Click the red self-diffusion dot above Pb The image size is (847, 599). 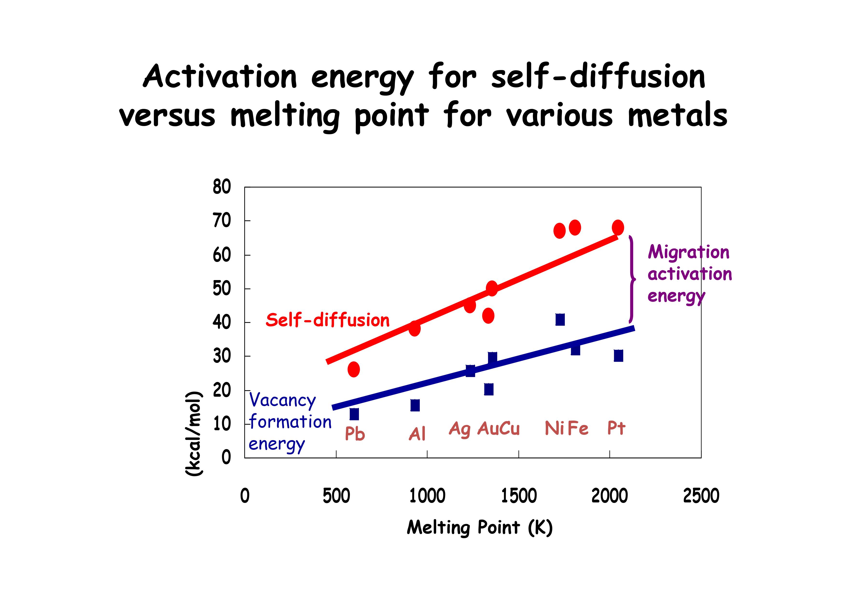[353, 369]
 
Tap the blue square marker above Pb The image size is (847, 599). [354, 414]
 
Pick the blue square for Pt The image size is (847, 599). [618, 356]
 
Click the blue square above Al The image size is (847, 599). [415, 405]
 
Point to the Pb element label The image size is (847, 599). [355, 433]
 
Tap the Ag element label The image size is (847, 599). [460, 429]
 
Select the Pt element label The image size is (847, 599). [616, 428]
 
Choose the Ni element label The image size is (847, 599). [554, 429]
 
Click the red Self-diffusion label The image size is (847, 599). [327, 320]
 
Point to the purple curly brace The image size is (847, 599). [632, 279]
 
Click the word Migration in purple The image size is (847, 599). [688, 253]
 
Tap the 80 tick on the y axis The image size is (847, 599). [222, 187]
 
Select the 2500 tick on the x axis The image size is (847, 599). [701, 496]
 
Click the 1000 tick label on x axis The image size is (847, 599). [427, 496]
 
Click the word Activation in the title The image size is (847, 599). [220, 77]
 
